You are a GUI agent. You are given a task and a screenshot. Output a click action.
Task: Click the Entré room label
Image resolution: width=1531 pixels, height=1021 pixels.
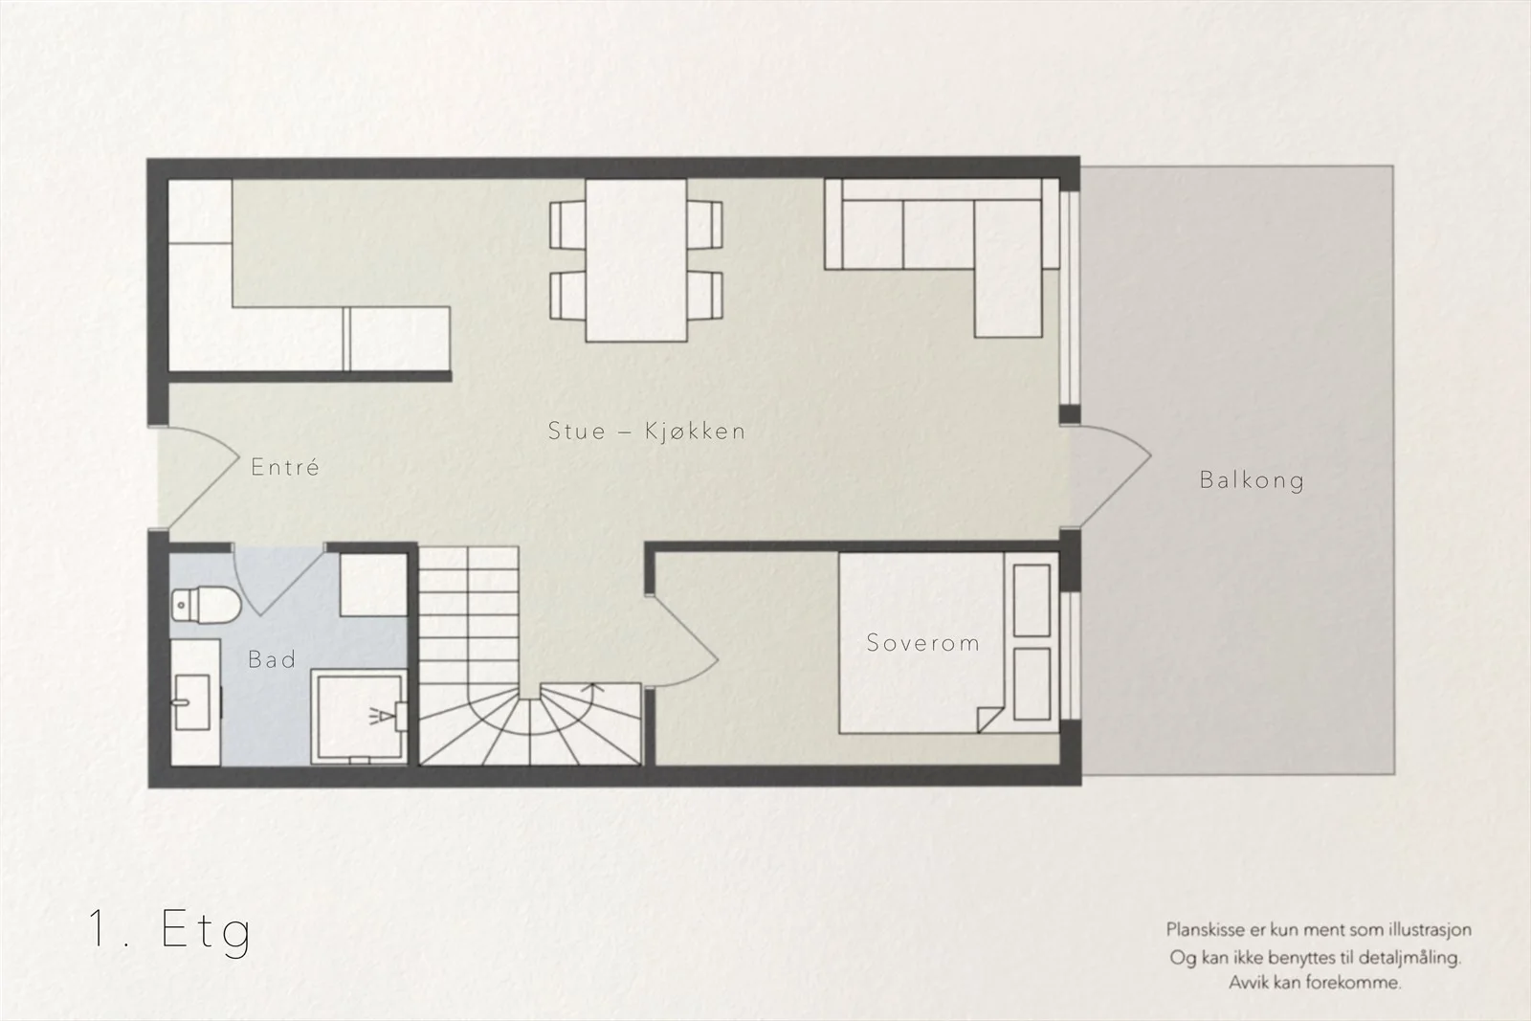pos(285,467)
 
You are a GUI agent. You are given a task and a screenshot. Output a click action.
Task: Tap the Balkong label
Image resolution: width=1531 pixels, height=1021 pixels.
pos(1253,480)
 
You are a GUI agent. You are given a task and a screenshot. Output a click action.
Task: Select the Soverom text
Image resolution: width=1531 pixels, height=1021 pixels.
pos(922,642)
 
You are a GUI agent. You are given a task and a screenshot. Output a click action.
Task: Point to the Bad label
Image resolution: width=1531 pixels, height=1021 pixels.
pos(272,659)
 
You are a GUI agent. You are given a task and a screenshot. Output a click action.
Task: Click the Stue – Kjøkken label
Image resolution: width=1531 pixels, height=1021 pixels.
pos(647,431)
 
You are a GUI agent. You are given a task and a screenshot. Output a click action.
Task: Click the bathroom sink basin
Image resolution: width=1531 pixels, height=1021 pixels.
pos(192,701)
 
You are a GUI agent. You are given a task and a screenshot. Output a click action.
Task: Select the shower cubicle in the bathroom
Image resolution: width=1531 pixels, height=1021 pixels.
pos(360,717)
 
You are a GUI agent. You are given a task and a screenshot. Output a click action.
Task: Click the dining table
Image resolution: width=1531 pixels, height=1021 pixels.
pos(636,260)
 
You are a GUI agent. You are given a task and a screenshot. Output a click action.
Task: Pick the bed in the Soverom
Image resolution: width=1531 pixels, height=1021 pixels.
pos(949,643)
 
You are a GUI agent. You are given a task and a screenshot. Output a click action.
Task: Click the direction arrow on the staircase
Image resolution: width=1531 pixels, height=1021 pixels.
pos(592,687)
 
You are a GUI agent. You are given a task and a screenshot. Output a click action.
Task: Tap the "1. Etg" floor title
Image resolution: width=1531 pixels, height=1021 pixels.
pos(169,931)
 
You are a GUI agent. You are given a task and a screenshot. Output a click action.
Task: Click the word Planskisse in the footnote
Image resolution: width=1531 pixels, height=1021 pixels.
pos(1206,929)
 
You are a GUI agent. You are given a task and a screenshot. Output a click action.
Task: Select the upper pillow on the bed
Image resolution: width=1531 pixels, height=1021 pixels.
pos(1032,601)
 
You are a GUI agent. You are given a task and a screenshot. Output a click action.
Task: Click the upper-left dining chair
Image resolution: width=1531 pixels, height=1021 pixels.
pos(567,225)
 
